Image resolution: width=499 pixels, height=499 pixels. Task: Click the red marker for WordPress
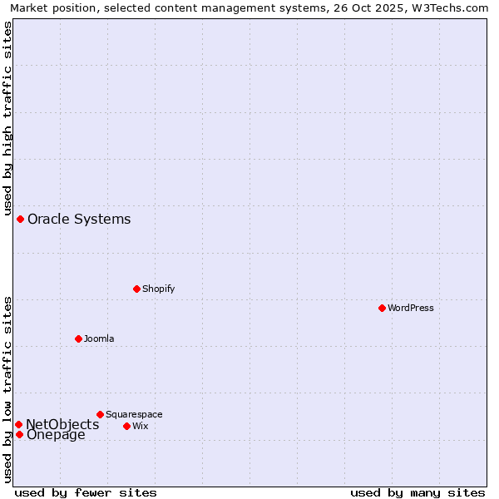pos(382,308)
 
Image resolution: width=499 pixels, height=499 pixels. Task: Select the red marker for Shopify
pos(136,289)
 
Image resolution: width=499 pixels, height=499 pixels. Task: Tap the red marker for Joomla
pos(78,338)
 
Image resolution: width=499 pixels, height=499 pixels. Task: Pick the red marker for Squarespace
pos(100,414)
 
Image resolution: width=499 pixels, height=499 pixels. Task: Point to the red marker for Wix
pos(126,426)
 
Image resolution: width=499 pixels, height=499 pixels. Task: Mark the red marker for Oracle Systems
pos(20,219)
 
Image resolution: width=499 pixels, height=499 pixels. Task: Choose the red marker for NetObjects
pos(18,424)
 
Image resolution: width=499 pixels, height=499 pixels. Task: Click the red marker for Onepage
pos(19,434)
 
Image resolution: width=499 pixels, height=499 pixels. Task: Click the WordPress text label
pos(411,308)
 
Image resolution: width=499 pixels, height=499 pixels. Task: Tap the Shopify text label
pos(158,289)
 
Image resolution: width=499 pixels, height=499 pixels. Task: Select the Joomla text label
pos(99,338)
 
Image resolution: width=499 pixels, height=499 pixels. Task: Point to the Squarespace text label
pos(134,414)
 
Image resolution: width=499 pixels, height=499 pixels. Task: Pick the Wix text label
pos(140,426)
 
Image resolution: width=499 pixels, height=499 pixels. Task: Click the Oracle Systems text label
pos(79,220)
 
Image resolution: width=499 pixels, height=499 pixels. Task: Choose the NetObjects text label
pos(62,424)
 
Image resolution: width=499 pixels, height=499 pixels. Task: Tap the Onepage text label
pos(56,435)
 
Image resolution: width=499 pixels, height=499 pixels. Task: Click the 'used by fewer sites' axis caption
pos(86,492)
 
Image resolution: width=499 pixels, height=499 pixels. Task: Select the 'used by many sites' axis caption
pos(417,492)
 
